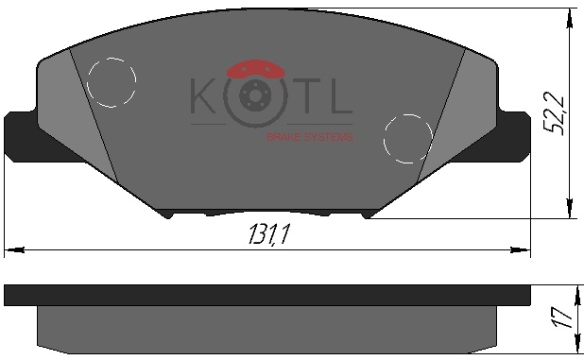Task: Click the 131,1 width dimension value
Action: (x=269, y=234)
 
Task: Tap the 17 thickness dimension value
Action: (x=563, y=317)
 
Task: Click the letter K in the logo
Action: (x=203, y=95)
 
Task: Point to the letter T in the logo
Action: (x=306, y=95)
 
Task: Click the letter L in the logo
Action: (x=341, y=95)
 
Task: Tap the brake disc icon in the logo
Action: (x=255, y=97)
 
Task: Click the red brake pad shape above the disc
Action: (x=255, y=69)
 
